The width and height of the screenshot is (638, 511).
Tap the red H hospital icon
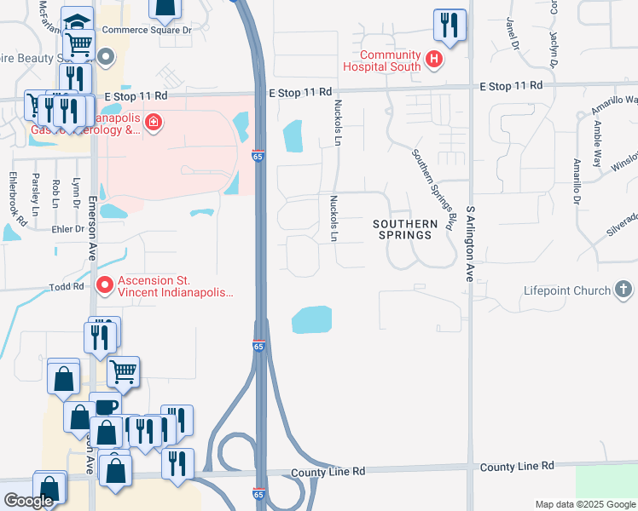tap(434, 59)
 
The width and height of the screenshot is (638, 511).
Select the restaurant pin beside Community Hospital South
tap(448, 25)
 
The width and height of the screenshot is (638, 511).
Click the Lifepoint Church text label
tap(567, 290)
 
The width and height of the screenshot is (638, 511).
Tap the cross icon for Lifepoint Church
tap(623, 290)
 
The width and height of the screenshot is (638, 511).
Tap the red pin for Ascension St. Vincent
tap(105, 284)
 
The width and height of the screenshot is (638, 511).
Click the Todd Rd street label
tap(66, 288)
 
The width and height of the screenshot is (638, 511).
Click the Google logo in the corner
tap(28, 501)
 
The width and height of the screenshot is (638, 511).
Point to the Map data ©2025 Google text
tap(585, 504)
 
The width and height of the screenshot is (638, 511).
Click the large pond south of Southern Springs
tap(311, 320)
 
